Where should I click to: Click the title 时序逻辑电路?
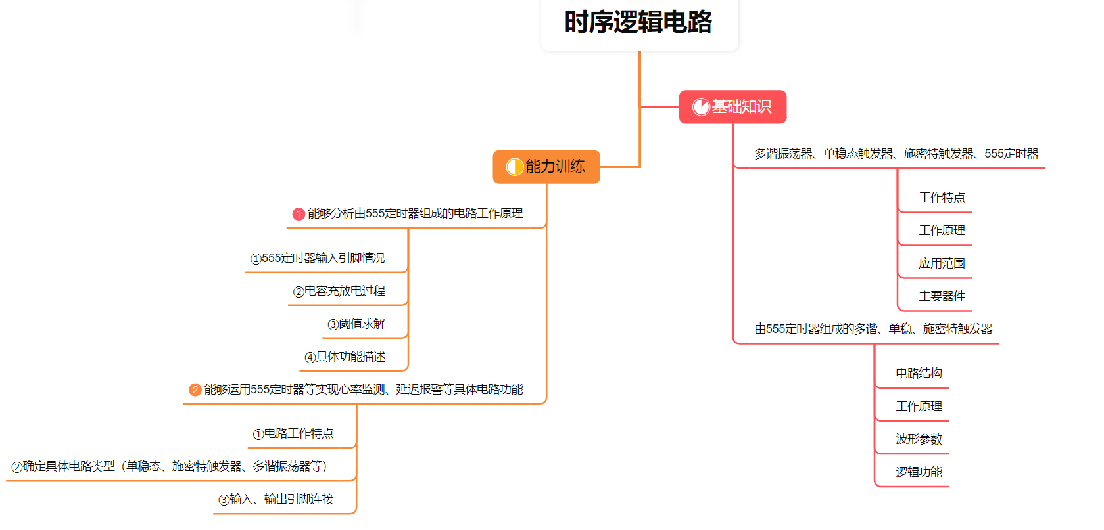point(638,22)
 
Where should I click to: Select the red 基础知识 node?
point(732,106)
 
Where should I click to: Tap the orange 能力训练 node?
point(546,167)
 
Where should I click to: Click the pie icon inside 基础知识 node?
point(701,106)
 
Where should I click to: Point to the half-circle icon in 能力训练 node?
point(514,167)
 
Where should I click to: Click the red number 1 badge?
point(299,214)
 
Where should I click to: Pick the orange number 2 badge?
point(195,390)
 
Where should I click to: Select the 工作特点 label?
point(942,198)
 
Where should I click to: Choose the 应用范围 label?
point(942,263)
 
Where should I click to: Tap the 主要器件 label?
point(942,296)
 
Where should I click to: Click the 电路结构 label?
point(919,373)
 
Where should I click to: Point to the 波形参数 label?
point(919,439)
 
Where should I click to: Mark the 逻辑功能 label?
point(919,472)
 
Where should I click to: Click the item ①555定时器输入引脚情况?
point(318,258)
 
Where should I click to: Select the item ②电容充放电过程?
point(339,291)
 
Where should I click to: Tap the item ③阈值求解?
point(356,324)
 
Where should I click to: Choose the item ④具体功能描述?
point(345,357)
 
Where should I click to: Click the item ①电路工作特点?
point(293,433)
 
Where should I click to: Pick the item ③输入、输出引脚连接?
point(276,499)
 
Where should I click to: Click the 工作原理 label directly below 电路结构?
point(919,406)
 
